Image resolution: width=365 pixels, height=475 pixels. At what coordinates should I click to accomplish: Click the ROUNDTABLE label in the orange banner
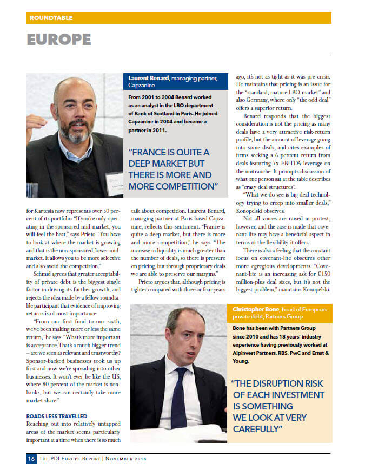coord(51,18)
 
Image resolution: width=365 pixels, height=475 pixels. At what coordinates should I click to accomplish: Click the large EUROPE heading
coord(59,40)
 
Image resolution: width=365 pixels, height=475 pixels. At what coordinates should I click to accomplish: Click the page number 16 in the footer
coord(31,459)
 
